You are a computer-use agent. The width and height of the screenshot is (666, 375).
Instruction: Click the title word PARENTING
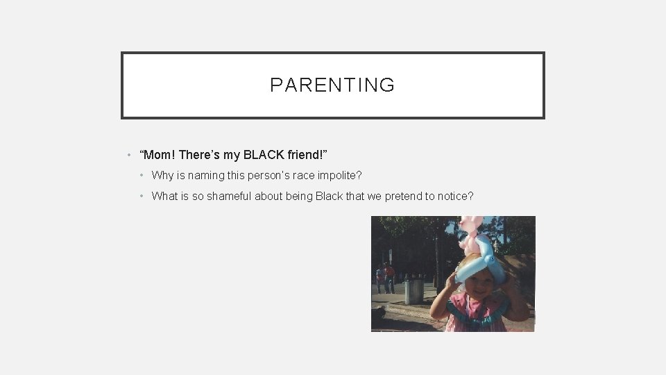click(332, 85)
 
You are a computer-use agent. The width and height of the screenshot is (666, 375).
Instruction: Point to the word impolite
click(339, 176)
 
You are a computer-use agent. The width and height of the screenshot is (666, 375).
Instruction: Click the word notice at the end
click(452, 196)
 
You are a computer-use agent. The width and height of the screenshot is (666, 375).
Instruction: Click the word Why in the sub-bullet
click(162, 176)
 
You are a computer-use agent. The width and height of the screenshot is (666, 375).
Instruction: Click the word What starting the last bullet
click(164, 196)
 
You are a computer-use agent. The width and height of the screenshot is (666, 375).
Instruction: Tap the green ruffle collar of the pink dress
click(479, 306)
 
